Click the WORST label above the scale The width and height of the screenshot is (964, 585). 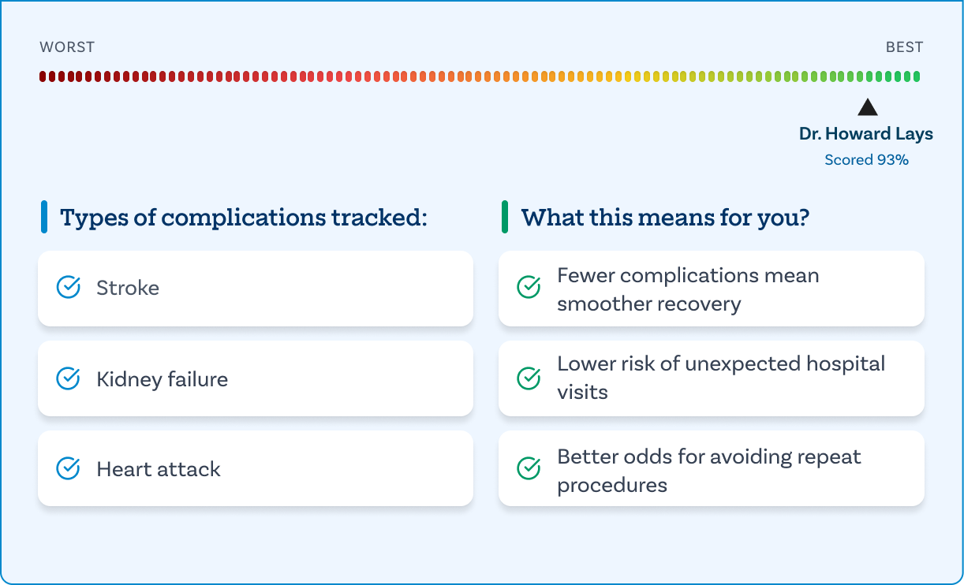(67, 47)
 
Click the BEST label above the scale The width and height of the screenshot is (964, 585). (904, 47)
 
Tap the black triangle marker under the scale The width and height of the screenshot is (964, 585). (868, 107)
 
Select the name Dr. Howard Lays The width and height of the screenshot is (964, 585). (866, 134)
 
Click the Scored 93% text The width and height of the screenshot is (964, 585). (866, 160)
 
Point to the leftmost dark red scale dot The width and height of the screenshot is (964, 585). (43, 76)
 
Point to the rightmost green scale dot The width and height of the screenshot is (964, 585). (917, 76)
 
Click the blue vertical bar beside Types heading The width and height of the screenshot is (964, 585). (44, 217)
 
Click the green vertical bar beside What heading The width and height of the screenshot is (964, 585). (505, 217)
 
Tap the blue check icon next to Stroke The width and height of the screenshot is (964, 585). (68, 287)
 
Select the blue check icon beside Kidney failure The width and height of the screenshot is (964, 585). (68, 378)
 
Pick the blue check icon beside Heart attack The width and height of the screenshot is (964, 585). (68, 468)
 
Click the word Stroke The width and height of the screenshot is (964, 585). (128, 288)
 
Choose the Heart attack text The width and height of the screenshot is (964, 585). (159, 469)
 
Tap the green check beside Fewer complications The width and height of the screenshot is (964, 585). (529, 287)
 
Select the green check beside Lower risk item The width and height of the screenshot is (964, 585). (529, 378)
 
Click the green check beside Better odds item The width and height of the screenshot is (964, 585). (529, 468)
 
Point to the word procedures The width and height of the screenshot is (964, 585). (612, 486)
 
